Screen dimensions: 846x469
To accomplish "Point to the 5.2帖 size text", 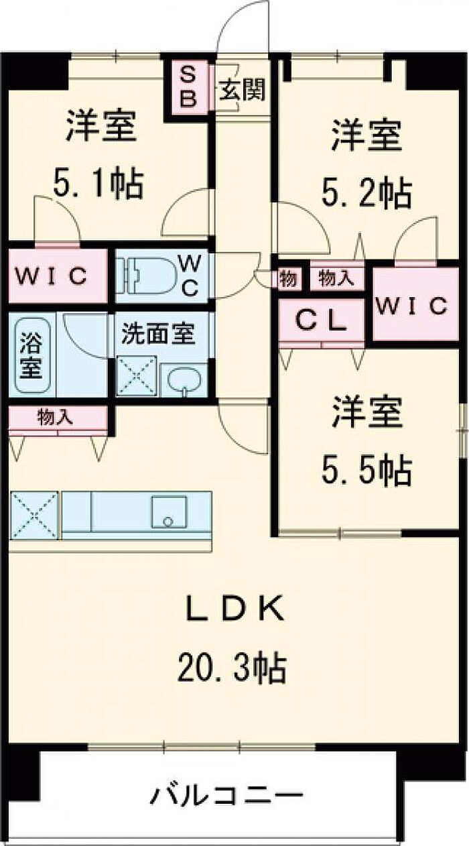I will [x=366, y=193].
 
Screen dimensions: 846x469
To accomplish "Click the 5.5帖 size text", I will [x=366, y=471].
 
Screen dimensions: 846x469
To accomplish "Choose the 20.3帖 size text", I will [x=232, y=668].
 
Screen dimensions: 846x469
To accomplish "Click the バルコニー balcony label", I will [x=226, y=798].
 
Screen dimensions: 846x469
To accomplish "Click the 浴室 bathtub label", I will [x=30, y=355].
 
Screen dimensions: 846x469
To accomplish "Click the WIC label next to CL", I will [x=411, y=306].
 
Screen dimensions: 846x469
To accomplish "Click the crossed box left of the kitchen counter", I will [x=34, y=515].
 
